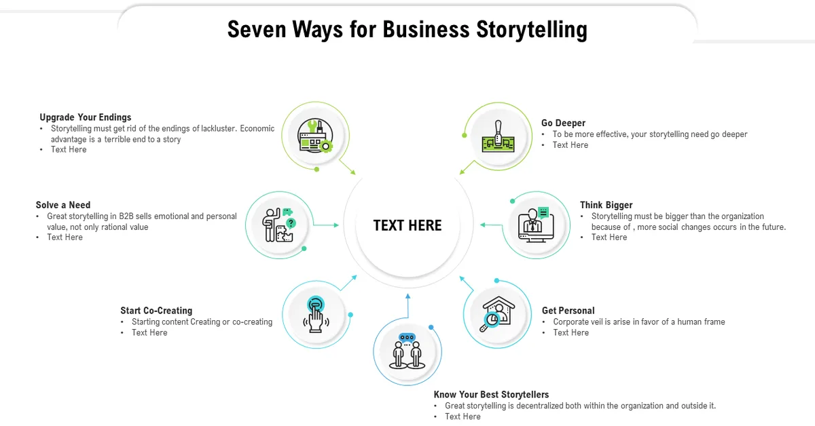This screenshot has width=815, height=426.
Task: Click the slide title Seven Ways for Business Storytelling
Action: click(407, 29)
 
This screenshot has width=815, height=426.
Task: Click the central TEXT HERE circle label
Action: click(407, 226)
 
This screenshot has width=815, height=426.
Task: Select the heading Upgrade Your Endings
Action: click(86, 117)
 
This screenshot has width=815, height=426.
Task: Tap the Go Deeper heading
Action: click(563, 123)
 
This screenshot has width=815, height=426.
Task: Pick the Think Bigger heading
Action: click(606, 205)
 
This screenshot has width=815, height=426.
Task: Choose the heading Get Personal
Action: click(568, 311)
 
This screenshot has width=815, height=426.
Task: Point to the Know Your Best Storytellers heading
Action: click(491, 395)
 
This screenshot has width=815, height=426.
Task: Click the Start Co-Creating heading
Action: click(156, 311)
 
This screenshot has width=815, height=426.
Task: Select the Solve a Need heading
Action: click(63, 205)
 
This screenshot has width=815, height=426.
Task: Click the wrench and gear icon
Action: click(316, 136)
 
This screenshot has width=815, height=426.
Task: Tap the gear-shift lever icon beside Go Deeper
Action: click(499, 136)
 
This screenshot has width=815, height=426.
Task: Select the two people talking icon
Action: click(407, 351)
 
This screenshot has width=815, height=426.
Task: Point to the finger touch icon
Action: click(316, 313)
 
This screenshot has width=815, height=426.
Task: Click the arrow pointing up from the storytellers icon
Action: click(407, 306)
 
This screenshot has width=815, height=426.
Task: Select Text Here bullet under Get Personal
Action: click(570, 332)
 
